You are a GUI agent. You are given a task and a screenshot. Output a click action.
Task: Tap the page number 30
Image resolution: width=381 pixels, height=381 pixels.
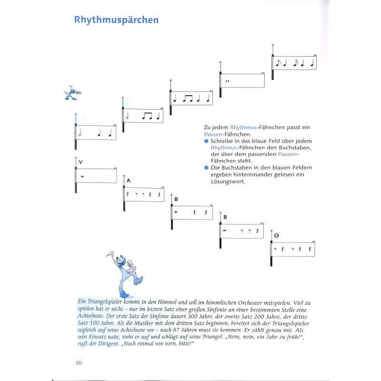[x=79, y=363]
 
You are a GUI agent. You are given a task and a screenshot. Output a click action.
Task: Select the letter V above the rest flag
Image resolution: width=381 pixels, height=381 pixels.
[x=81, y=162]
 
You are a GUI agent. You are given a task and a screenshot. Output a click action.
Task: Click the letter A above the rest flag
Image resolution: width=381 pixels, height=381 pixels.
[x=128, y=180]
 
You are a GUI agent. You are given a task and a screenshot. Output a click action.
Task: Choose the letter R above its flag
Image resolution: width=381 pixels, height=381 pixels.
[x=225, y=217]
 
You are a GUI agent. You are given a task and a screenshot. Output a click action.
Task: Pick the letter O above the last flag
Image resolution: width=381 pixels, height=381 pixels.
[x=276, y=235]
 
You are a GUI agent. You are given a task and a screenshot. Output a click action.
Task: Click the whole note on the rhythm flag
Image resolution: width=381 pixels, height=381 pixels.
[x=228, y=80]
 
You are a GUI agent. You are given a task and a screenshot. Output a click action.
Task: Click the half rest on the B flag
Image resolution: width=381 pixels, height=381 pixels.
[x=177, y=211]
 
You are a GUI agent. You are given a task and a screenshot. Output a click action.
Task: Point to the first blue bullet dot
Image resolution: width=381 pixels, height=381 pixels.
[x=206, y=141]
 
